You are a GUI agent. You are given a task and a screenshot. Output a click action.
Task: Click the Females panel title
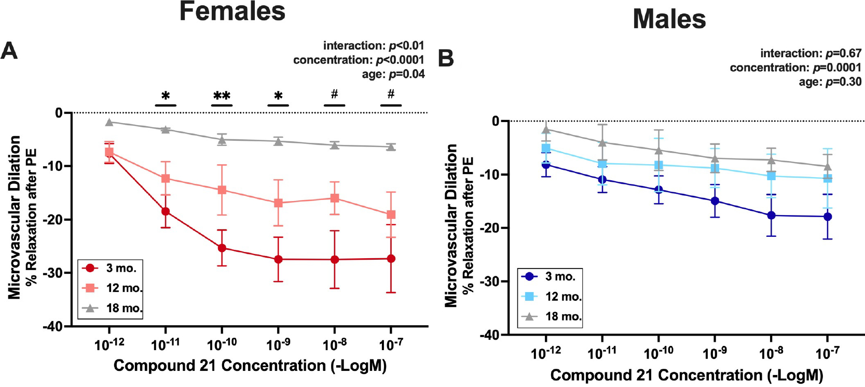coord(232,11)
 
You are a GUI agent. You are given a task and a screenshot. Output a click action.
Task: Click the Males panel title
coord(669,20)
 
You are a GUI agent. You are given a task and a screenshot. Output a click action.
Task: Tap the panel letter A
coord(9,52)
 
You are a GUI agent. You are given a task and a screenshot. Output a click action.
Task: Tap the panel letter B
coord(446,59)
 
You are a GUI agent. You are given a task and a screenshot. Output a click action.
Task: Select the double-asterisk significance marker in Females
coord(222,96)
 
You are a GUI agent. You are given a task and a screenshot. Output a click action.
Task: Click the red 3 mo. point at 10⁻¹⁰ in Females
coord(222,248)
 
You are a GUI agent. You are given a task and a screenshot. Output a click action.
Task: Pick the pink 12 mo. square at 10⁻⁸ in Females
coord(335,198)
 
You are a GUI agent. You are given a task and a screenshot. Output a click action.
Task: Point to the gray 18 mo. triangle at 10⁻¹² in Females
coord(109,122)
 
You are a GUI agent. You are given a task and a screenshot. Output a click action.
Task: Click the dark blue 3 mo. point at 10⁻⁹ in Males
coord(715,201)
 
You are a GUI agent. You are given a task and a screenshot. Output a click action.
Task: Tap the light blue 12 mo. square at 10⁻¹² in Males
coord(546,149)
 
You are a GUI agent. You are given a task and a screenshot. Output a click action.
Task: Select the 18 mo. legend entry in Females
coord(111,308)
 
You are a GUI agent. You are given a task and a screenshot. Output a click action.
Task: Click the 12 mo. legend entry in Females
coord(111,288)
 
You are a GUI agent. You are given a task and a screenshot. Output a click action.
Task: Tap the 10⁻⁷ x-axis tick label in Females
coord(390,344)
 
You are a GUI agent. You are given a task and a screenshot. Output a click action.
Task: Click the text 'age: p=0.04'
coord(393,74)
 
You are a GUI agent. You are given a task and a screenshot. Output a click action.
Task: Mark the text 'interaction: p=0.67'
coord(811,54)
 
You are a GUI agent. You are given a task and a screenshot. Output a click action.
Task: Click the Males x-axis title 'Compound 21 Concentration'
coord(686,375)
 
